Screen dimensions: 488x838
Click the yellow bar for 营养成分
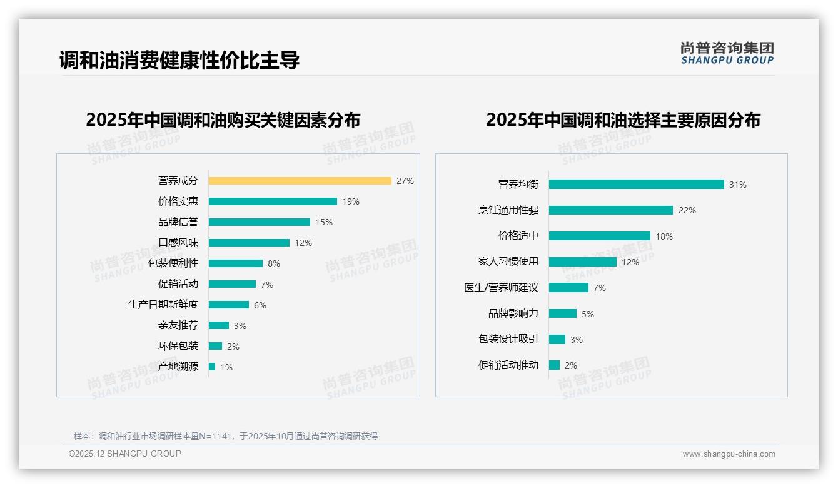tap(300, 181)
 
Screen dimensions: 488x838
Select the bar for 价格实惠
tap(273, 201)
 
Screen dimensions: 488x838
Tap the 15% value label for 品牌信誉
tap(324, 222)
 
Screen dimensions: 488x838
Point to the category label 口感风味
tap(178, 243)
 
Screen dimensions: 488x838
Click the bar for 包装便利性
tap(236, 263)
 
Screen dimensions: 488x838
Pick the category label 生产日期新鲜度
tap(163, 305)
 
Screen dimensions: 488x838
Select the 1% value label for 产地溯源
tap(226, 367)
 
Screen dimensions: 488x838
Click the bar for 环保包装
tap(215, 346)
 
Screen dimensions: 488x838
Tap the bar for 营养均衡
tap(636, 185)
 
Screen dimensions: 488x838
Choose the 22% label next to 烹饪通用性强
tap(687, 210)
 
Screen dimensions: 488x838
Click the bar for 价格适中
tap(599, 236)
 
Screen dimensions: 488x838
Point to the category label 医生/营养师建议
tap(501, 288)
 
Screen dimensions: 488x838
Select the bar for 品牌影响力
tap(562, 313)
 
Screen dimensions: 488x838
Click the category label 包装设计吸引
tap(508, 339)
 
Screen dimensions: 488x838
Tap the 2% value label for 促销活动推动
tap(570, 365)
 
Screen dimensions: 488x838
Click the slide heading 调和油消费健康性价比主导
tap(179, 60)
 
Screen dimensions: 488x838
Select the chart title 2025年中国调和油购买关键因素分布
tap(223, 120)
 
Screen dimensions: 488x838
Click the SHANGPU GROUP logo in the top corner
tap(727, 53)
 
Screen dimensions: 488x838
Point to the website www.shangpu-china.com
tap(729, 454)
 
